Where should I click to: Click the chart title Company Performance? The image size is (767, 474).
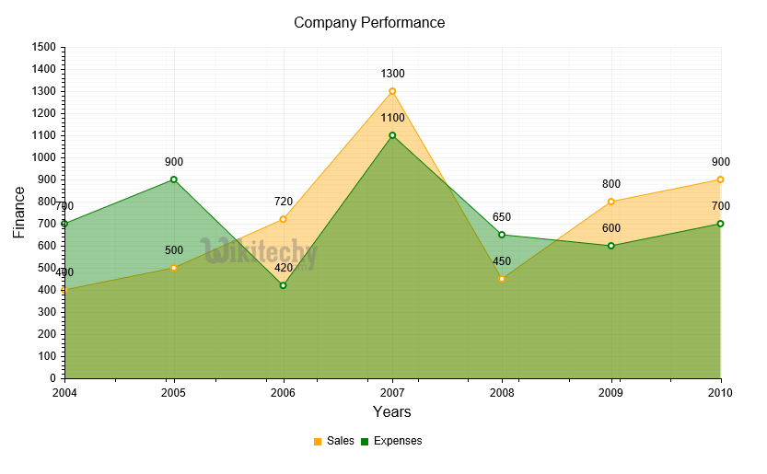click(x=369, y=22)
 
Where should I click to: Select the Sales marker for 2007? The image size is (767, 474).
click(x=392, y=91)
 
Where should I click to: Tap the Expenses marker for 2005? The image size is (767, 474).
click(x=173, y=179)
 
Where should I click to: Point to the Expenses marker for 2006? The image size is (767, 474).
click(x=283, y=285)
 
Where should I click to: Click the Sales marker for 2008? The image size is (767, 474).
click(x=502, y=279)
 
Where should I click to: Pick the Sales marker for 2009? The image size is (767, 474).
click(x=611, y=202)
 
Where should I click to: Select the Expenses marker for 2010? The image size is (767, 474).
click(x=720, y=224)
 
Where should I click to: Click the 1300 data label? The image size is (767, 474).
click(x=392, y=74)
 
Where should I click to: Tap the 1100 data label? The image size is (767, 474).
click(x=392, y=118)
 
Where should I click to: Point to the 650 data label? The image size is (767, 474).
click(x=502, y=217)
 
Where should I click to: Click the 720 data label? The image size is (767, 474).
click(x=283, y=202)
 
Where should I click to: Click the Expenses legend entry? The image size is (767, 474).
click(x=391, y=441)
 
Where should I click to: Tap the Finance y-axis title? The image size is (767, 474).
click(x=19, y=212)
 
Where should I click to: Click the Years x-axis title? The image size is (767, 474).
click(x=392, y=411)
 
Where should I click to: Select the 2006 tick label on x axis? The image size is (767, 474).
click(x=283, y=393)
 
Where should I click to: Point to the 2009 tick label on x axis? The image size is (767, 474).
click(x=611, y=393)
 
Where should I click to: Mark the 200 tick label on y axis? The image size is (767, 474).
click(x=47, y=334)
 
